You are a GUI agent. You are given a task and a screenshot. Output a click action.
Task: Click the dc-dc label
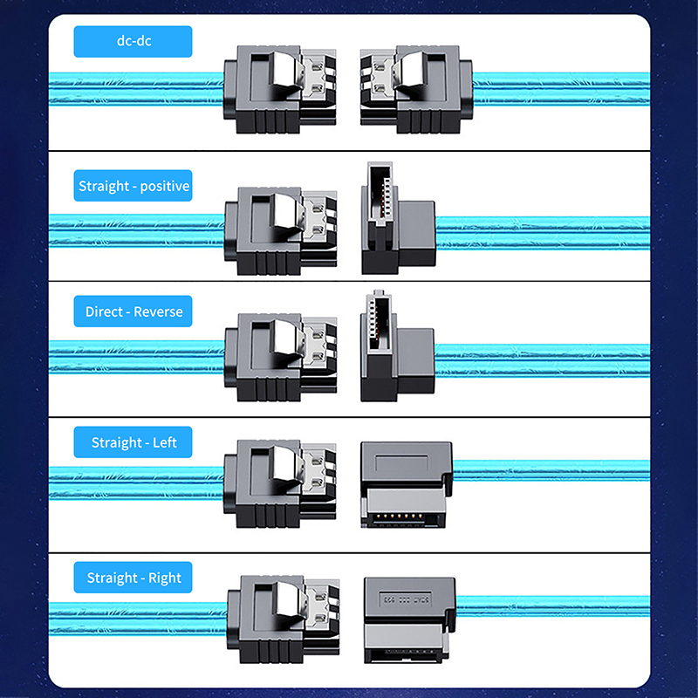click(133, 41)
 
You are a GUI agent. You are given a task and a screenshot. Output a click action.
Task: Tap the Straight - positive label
click(133, 186)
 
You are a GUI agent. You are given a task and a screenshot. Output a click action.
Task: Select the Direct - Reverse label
click(133, 311)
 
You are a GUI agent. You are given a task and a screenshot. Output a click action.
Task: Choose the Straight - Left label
click(133, 442)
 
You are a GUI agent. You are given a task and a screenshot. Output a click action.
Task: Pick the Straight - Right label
click(133, 578)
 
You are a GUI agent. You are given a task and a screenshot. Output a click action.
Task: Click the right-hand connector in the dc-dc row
click(416, 89)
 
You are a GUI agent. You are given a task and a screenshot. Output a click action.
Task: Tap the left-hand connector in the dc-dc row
click(279, 89)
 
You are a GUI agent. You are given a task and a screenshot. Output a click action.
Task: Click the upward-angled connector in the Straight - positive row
click(398, 217)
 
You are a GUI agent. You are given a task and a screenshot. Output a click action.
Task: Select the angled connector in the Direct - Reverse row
click(397, 346)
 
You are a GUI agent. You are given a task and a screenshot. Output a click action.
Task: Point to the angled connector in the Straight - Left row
click(407, 485)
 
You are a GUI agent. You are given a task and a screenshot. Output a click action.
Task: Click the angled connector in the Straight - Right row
click(409, 620)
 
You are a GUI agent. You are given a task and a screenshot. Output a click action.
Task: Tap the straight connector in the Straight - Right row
click(283, 619)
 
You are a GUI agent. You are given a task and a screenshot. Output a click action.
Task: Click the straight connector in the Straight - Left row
click(279, 483)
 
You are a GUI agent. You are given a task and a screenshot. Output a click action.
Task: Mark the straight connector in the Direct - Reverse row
click(280, 357)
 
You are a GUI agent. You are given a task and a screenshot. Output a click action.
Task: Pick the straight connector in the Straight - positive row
click(280, 230)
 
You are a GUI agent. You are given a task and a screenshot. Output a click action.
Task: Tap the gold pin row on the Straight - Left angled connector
click(399, 517)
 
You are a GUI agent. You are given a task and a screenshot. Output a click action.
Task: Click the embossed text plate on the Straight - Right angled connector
click(405, 599)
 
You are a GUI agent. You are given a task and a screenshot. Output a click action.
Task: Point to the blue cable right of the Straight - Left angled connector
click(551, 470)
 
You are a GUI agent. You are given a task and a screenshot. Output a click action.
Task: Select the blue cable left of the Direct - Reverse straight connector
click(136, 357)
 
